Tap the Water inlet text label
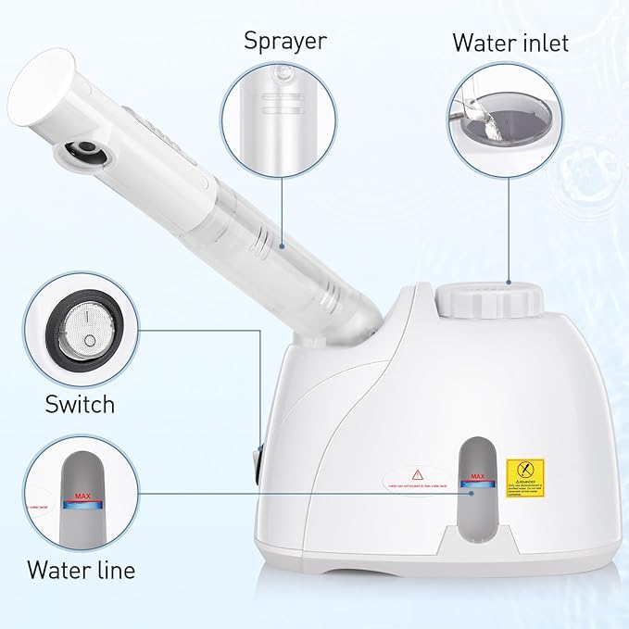pyautogui.click(x=509, y=43)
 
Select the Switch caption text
pyautogui.click(x=81, y=404)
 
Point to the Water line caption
pyautogui.click(x=81, y=569)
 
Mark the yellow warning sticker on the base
pyautogui.click(x=525, y=479)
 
